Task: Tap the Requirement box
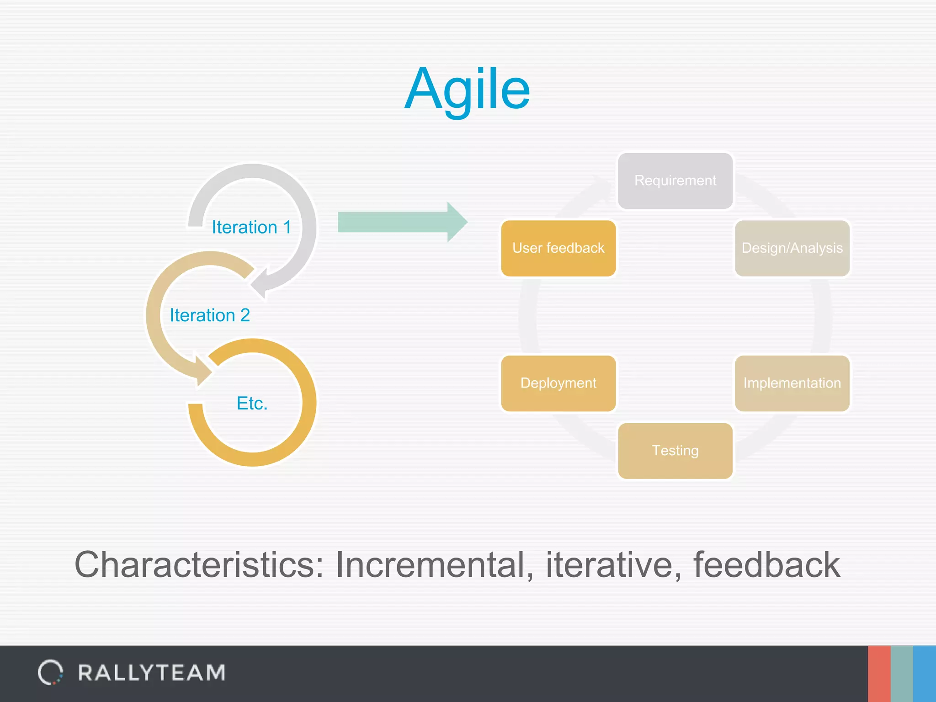(675, 181)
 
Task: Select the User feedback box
(558, 248)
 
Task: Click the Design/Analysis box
(792, 248)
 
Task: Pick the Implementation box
(792, 383)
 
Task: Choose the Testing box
(675, 451)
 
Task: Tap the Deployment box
(558, 383)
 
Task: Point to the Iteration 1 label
(251, 227)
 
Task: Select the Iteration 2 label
(210, 315)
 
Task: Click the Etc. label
(252, 403)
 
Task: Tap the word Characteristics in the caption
(199, 565)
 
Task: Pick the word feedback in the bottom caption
(766, 565)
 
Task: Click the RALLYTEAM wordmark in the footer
(152, 673)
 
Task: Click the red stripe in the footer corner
(879, 674)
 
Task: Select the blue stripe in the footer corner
(925, 674)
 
